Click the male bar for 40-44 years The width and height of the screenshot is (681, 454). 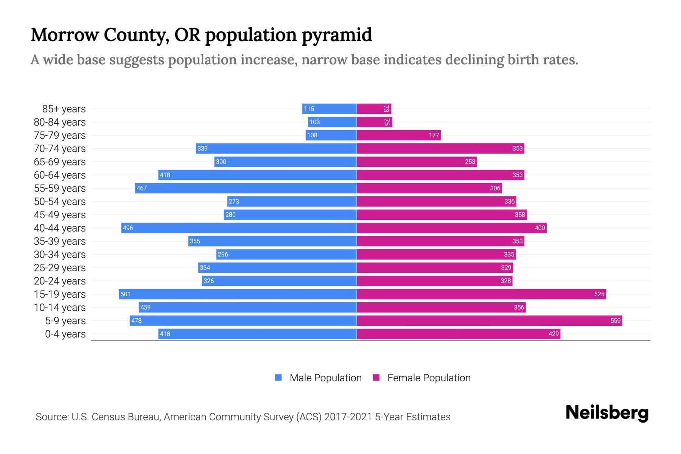pos(239,228)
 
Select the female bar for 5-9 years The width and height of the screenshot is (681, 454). pos(489,320)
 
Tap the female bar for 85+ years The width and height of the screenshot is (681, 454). pos(374,109)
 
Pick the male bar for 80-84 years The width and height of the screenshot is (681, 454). pos(332,122)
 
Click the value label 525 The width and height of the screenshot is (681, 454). pos(599,294)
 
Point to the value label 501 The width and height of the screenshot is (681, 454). pos(125,294)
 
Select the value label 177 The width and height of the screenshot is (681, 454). pos(434,135)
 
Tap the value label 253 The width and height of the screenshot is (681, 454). pos(470,162)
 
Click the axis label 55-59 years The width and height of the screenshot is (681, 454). pos(60,188)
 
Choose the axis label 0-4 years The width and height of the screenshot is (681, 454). pos(65,334)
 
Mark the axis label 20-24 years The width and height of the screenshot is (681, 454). pos(60,281)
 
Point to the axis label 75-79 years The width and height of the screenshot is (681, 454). pos(60,135)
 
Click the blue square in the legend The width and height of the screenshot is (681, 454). pos(278,378)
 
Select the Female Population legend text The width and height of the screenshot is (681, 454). pos(429,378)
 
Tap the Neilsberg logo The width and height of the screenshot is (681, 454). pos(607,413)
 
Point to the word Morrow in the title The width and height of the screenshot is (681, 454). pos(64,35)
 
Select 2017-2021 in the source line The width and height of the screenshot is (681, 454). pos(348,417)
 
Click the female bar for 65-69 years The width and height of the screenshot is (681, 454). pos(417,162)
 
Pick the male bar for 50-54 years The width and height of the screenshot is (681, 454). pos(292,201)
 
